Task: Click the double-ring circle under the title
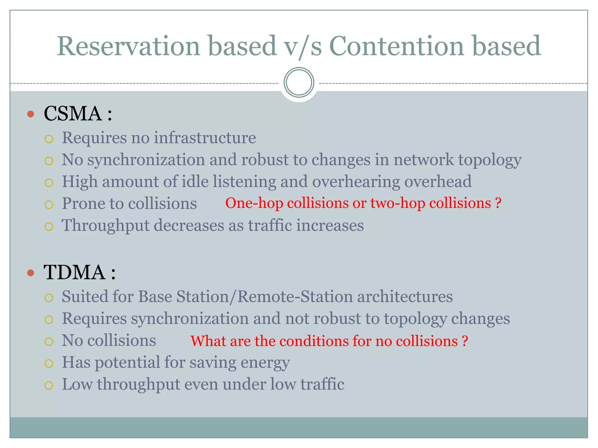coord(299,82)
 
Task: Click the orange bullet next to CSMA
coord(31,114)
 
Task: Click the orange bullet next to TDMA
coord(31,273)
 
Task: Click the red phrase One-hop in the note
coord(254,203)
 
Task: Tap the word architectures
coord(405,297)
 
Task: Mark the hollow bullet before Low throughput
coord(49,385)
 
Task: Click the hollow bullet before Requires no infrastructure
coord(49,139)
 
